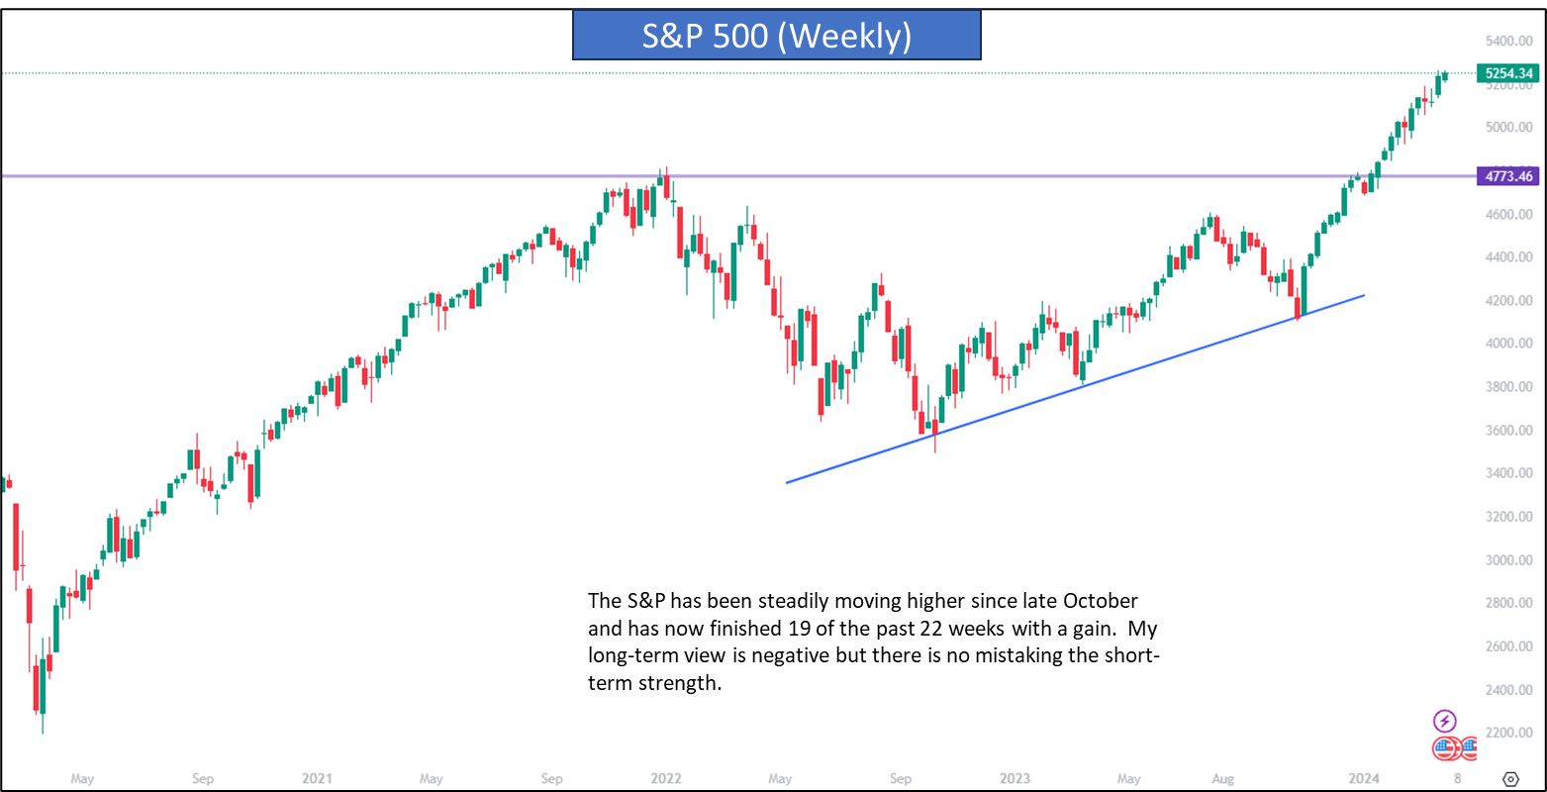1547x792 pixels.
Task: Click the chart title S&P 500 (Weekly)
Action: point(776,36)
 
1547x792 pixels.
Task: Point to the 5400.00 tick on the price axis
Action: point(1509,42)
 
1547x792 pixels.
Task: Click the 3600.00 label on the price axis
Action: point(1509,431)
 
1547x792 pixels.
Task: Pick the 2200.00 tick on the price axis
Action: point(1509,733)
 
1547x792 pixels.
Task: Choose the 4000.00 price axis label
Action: point(1509,344)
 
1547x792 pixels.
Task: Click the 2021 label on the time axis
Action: point(317,779)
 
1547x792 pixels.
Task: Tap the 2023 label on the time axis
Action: point(1014,779)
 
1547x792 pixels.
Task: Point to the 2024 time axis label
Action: point(1363,779)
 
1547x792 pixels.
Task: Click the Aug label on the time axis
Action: point(1223,779)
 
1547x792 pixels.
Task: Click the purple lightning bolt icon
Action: point(1444,721)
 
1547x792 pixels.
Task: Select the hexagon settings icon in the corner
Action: point(1510,779)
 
